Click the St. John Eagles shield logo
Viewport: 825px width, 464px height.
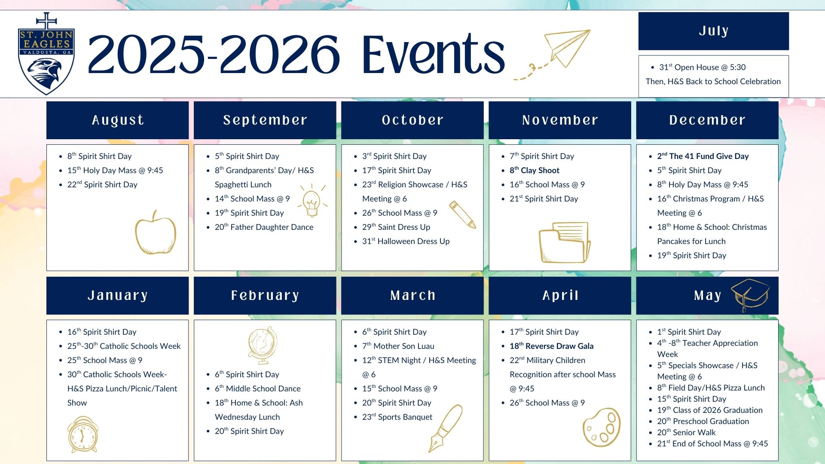point(46,54)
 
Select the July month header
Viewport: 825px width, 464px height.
point(713,31)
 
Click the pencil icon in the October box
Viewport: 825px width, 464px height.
point(462,214)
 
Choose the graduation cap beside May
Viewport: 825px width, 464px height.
point(750,294)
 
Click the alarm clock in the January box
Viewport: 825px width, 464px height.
point(83,434)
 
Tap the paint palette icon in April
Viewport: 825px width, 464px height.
point(602,427)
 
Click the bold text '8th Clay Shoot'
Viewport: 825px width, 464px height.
point(535,171)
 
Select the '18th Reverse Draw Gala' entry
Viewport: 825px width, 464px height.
point(552,346)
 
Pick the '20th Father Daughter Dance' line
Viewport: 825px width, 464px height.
point(264,227)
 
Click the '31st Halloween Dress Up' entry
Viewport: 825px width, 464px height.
point(406,241)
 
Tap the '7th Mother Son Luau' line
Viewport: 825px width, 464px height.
point(398,346)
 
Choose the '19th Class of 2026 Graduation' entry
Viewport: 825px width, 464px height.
point(710,410)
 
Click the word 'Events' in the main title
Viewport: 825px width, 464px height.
point(433,54)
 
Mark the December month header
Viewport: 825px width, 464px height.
point(707,120)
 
